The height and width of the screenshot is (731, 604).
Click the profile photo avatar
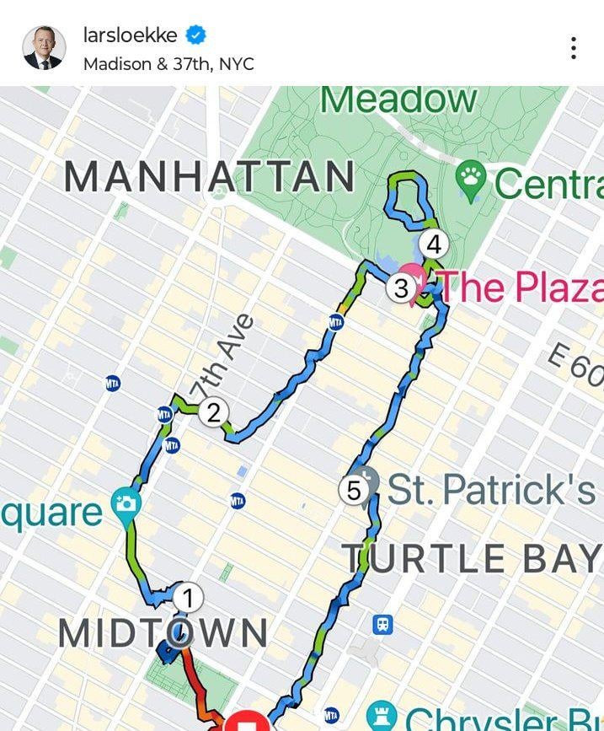pyautogui.click(x=43, y=48)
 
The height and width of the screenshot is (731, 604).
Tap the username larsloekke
pyautogui.click(x=131, y=35)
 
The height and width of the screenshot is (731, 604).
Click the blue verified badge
pyautogui.click(x=196, y=35)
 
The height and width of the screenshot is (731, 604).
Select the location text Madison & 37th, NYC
pyautogui.click(x=168, y=64)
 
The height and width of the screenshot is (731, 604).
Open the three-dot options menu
pyautogui.click(x=574, y=48)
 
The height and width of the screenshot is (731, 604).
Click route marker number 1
pyautogui.click(x=188, y=598)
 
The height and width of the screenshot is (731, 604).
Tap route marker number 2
pyautogui.click(x=213, y=412)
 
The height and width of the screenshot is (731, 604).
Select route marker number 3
pyautogui.click(x=401, y=288)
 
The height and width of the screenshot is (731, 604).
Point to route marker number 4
pyautogui.click(x=434, y=245)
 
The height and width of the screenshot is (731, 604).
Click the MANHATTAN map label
pyautogui.click(x=210, y=177)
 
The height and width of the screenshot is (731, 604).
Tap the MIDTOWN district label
pyautogui.click(x=163, y=634)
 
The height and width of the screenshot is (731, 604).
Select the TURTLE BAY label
pyautogui.click(x=472, y=558)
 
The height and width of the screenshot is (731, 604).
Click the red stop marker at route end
pyautogui.click(x=247, y=723)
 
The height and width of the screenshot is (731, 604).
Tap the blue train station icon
pyautogui.click(x=382, y=625)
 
